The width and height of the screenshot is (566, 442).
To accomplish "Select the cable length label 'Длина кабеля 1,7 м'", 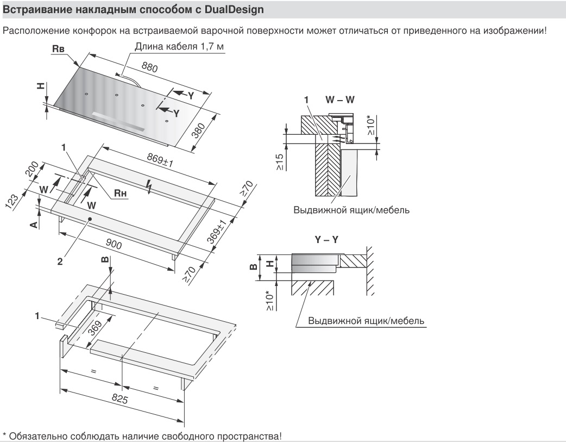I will point(179,48).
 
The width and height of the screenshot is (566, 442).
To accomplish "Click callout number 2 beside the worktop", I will point(60,261).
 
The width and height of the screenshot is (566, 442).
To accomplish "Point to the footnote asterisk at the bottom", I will point(5,435).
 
